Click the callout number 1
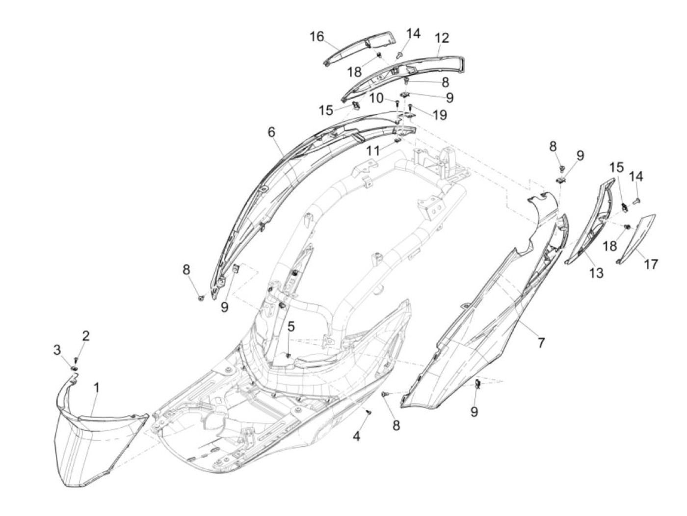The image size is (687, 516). click(x=97, y=388)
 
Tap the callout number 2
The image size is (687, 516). click(x=86, y=336)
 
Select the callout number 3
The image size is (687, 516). click(x=57, y=350)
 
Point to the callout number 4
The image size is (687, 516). click(x=357, y=435)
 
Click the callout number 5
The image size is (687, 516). click(x=291, y=326)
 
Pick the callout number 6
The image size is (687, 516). click(x=271, y=132)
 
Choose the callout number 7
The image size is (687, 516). click(x=541, y=342)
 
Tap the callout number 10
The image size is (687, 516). click(x=376, y=98)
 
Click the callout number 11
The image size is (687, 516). click(x=373, y=151)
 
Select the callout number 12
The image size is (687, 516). click(x=442, y=38)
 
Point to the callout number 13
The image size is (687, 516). click(x=596, y=273)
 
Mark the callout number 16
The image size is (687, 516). click(x=317, y=37)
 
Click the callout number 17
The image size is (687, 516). click(x=651, y=264)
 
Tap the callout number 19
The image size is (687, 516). click(x=439, y=115)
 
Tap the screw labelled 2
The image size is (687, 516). click(x=76, y=361)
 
